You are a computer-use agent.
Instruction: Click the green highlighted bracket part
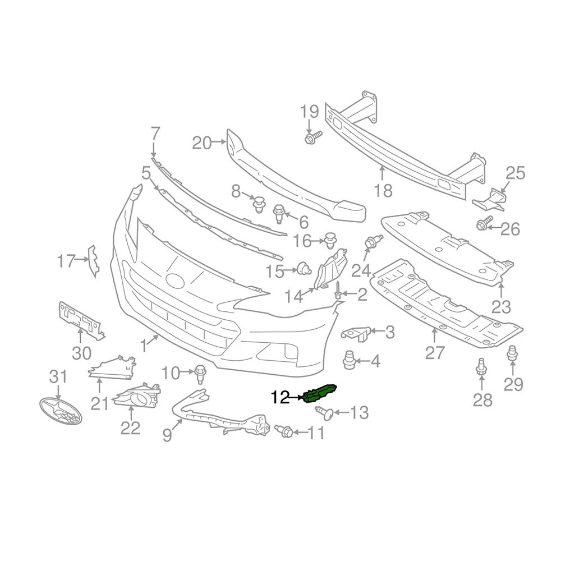pos(320,393)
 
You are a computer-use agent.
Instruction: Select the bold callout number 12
pos(280,397)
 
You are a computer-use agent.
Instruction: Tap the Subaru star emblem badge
pos(61,411)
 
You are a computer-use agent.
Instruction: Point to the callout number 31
pos(58,377)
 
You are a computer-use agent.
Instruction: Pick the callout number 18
pos(383,190)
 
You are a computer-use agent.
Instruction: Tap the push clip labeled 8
pos(259,204)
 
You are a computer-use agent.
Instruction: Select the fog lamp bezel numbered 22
pos(137,397)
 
